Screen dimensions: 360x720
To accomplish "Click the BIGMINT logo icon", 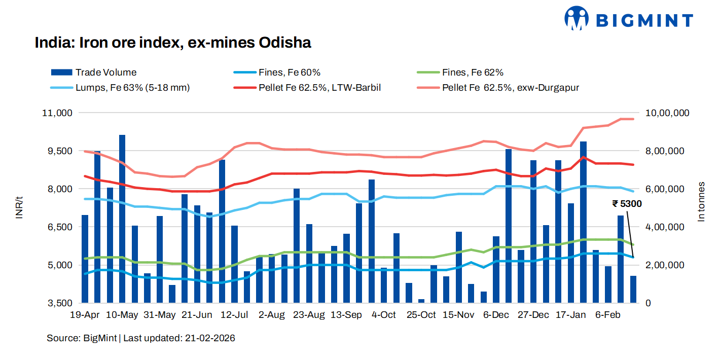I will point(577,19).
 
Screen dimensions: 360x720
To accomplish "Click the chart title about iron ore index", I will point(172,43).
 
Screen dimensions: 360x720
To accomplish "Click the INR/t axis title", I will point(19,208).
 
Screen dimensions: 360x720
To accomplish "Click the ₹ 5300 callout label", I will point(627,204).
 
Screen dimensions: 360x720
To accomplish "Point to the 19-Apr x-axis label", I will point(85,315).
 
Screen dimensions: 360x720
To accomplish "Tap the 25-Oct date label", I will point(421,315).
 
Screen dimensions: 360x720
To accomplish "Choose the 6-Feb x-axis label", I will point(607,315).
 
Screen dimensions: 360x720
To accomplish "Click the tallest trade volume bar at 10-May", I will point(122,218).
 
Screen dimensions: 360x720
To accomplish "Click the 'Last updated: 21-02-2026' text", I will point(179,338).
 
